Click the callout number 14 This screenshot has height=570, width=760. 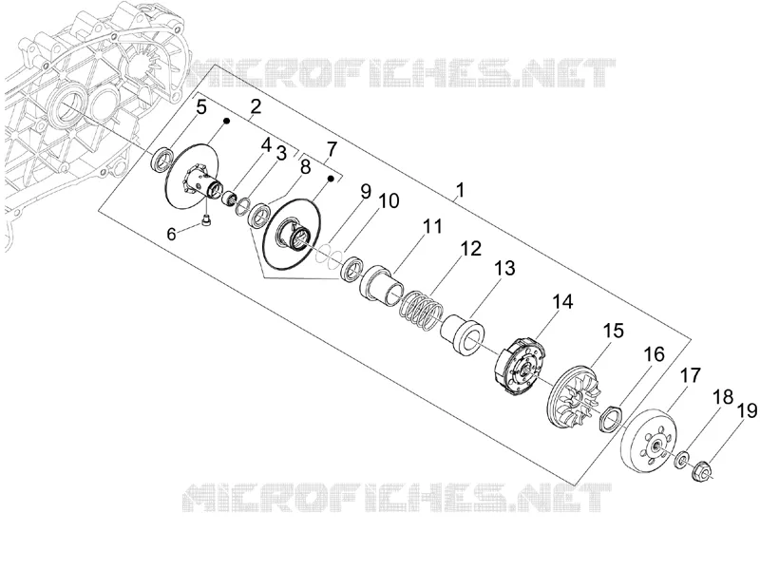pos(563,301)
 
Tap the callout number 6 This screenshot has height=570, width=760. pos(171,234)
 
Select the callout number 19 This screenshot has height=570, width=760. pos(747,411)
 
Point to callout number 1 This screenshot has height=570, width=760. pos(460,190)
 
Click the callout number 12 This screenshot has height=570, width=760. pos(471,248)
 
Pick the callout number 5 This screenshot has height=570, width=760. pos(201,107)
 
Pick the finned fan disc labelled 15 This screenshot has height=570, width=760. pos(576,397)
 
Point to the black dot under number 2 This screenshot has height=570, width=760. pos(226,120)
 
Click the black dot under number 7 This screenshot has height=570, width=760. pos(330,179)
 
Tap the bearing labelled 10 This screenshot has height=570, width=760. pos(352,270)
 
